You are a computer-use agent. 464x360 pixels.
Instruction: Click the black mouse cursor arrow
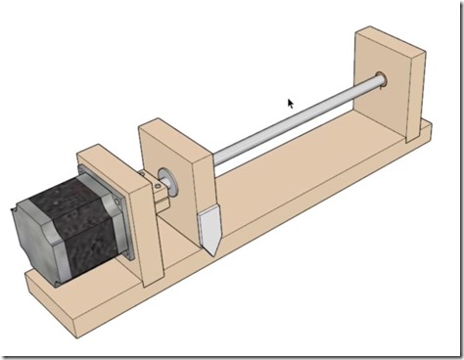pyautogui.click(x=290, y=103)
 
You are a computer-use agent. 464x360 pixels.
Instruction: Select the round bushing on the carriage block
pyautogui.click(x=164, y=179)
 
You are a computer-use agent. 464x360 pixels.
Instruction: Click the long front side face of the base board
pyautogui.click(x=245, y=264)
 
